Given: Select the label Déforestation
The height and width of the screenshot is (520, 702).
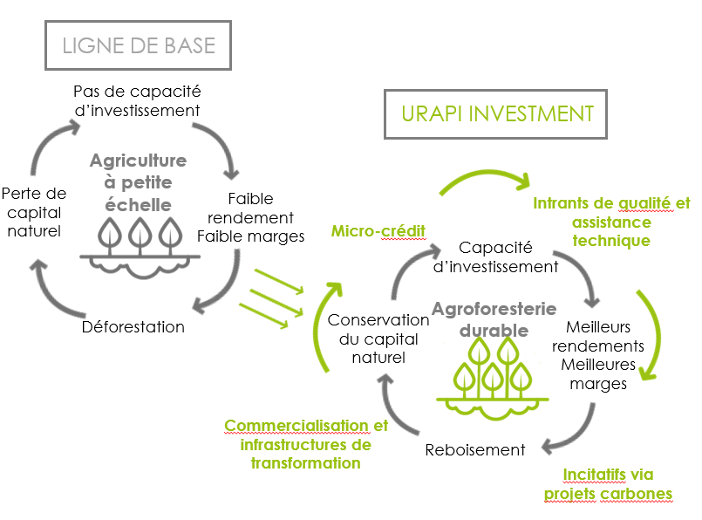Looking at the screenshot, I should (x=133, y=327).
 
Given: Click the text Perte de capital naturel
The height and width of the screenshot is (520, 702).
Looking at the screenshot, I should (x=33, y=212).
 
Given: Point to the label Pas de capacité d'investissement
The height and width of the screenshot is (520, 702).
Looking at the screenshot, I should (x=136, y=100).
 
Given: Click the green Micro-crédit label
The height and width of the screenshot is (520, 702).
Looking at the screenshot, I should (x=378, y=230).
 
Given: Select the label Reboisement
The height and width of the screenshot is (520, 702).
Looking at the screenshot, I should (x=475, y=449).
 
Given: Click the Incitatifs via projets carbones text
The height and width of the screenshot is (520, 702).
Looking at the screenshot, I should (x=608, y=484).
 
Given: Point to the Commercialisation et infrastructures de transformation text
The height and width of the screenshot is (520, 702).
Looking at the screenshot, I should (x=306, y=444).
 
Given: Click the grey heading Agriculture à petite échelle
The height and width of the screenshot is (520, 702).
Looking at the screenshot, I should (x=138, y=181).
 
